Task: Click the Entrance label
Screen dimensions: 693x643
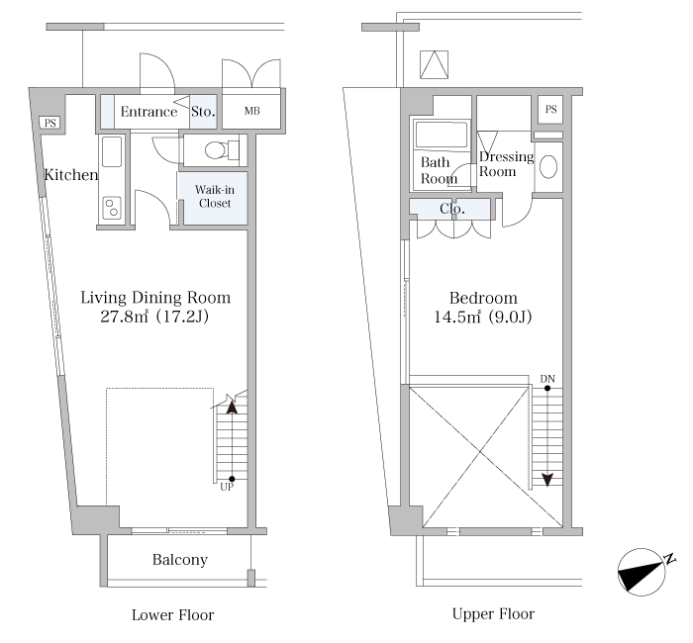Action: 148,112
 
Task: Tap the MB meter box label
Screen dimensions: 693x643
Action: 251,111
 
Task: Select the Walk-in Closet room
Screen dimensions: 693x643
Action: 215,197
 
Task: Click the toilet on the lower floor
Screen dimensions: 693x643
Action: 222,150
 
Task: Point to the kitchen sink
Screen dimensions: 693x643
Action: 111,151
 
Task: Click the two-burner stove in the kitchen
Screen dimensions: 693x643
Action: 111,208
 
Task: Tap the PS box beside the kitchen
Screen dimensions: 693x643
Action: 49,123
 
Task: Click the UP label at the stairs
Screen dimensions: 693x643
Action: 227,487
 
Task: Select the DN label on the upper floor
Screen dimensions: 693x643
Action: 547,379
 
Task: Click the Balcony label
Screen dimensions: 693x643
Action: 180,560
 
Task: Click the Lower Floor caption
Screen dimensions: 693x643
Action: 173,614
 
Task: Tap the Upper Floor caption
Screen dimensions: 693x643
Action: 493,614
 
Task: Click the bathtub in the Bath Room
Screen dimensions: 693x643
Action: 442,135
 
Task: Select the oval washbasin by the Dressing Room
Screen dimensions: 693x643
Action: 548,167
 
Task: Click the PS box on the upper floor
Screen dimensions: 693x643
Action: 550,109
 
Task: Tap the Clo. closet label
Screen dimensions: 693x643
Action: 452,209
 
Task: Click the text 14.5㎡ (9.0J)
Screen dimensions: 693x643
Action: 483,317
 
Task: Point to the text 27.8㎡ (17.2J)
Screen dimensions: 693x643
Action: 154,317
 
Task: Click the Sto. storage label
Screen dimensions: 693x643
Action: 203,112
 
